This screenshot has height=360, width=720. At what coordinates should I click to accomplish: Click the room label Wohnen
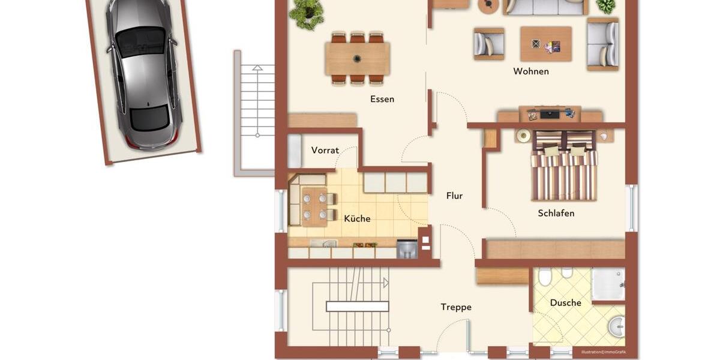click(531, 71)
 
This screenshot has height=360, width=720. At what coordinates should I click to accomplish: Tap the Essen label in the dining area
click(382, 99)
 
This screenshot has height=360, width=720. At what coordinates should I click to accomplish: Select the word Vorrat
click(325, 150)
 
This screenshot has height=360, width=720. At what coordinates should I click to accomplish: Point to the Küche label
click(357, 218)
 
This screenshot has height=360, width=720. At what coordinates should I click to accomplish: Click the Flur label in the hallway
click(454, 196)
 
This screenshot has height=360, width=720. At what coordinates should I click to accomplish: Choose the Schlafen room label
click(556, 213)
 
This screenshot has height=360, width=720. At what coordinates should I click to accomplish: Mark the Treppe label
click(456, 307)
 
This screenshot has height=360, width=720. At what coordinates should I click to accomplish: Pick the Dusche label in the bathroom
click(565, 302)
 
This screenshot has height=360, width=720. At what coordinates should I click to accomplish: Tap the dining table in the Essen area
click(358, 58)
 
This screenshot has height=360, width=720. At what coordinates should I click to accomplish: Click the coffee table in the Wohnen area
click(545, 44)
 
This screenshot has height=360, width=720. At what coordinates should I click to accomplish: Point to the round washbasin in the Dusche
click(616, 326)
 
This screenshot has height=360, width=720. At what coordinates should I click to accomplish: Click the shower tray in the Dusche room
click(608, 284)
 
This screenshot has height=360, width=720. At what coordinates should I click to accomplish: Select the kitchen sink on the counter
click(323, 244)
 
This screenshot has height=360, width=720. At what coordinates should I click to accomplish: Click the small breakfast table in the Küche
click(314, 206)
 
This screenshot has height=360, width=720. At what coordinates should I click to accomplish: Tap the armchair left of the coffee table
click(488, 44)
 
